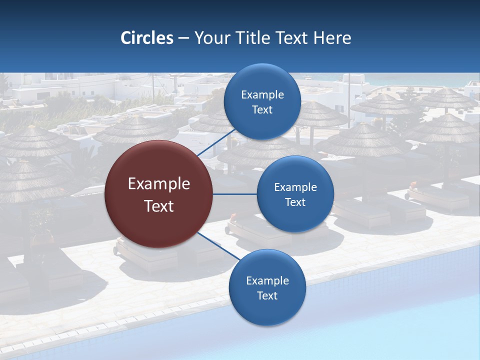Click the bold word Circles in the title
(x=147, y=38)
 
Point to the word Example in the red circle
(x=159, y=184)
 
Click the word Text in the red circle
(x=159, y=206)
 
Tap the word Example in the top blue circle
(x=262, y=95)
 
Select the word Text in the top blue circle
(x=262, y=110)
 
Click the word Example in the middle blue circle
(x=295, y=187)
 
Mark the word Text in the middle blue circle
(x=295, y=202)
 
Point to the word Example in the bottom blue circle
(x=267, y=281)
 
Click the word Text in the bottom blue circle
(x=267, y=296)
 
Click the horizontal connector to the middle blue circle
(x=235, y=194)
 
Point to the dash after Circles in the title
(x=183, y=38)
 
